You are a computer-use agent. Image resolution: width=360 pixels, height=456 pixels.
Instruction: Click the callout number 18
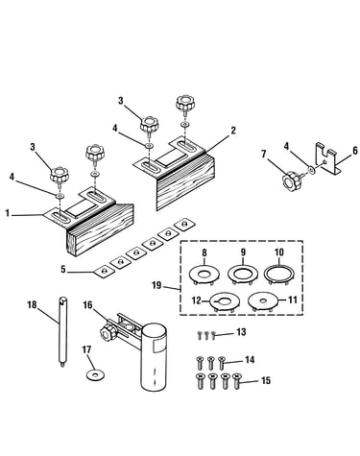pos(32,304)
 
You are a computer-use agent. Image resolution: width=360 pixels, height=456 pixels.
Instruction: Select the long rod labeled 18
pos(62,332)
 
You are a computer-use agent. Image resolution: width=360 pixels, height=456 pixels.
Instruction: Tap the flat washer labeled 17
pos(96,374)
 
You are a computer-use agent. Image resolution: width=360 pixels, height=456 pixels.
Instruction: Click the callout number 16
pos(87,304)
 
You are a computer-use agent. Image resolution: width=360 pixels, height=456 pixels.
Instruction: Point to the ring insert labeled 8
pos(204,275)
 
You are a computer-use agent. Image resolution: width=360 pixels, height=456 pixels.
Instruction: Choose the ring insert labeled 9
pos(243,275)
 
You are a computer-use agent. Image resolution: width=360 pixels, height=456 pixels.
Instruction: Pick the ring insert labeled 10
pos(279,275)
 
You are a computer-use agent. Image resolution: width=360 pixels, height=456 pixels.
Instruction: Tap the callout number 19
pos(156,285)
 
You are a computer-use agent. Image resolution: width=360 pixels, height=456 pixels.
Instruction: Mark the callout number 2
pos(233,131)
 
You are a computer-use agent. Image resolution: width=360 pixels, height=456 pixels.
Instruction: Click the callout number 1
pos(7,213)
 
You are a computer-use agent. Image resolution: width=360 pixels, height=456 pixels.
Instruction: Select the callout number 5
pos(63,270)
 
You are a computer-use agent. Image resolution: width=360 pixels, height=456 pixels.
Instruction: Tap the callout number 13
pos(241,332)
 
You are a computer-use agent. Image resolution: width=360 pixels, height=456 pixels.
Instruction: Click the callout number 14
pos(250,360)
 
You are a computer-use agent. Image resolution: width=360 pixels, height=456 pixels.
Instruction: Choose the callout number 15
pos(266,380)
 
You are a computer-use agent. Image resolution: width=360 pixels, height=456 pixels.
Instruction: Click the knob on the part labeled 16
pos(107,333)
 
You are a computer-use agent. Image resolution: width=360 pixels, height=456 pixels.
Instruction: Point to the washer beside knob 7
pos(312,170)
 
